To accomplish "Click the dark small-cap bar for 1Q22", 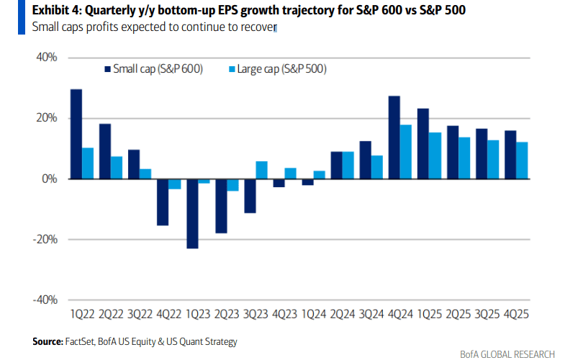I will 76,134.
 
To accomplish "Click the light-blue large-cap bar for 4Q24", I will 405,152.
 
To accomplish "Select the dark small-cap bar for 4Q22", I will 163,202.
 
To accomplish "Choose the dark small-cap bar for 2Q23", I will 221,206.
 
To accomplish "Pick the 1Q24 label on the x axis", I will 313,315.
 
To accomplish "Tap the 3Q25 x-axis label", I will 487,315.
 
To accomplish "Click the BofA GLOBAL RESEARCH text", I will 507,354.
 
